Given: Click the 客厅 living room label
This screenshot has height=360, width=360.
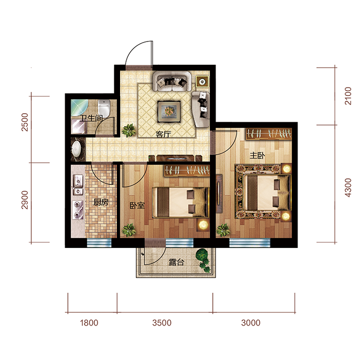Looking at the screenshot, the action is (163, 134).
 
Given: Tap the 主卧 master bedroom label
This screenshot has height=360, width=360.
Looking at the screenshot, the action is (257, 155).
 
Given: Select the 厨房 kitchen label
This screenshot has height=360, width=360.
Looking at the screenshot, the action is (101, 202).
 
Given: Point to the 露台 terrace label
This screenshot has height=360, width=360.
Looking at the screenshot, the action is (176, 262).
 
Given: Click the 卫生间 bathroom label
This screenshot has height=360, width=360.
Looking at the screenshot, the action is (91, 118).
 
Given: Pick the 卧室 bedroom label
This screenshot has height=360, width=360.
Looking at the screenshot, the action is (137, 205).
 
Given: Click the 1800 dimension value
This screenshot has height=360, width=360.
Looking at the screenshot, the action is (89, 323).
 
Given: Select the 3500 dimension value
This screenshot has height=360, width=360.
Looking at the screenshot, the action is (162, 323).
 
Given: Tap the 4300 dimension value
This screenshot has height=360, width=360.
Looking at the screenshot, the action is (348, 188).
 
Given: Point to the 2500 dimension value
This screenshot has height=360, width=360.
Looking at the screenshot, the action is (25, 122).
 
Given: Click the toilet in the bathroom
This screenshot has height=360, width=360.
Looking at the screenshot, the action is (104, 108).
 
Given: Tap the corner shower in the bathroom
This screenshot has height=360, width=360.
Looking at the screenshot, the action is (79, 108).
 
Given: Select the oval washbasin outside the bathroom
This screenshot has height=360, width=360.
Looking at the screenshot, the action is (76, 149).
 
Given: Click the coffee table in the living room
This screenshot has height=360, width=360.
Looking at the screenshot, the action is (169, 112).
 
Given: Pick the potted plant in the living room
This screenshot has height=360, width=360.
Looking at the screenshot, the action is (129, 130).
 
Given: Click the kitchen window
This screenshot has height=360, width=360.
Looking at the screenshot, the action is (99, 243).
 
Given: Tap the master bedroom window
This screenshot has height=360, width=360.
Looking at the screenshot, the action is (250, 243).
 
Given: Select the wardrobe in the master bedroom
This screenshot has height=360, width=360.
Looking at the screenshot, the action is (269, 134).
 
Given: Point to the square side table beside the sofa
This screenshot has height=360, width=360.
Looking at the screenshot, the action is (202, 81).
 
